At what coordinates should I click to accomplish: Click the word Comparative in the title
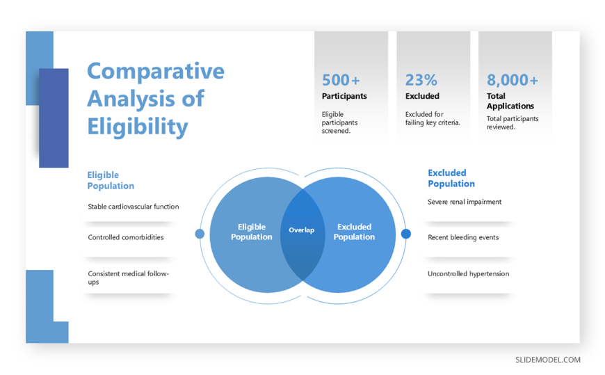click(156, 72)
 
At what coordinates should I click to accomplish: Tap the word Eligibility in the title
click(138, 127)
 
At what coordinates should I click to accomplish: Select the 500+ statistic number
click(341, 80)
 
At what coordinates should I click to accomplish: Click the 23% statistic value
click(421, 80)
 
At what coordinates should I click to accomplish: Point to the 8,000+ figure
click(513, 80)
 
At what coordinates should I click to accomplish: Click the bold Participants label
click(344, 96)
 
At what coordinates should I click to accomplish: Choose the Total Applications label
click(510, 101)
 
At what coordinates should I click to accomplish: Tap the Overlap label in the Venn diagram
click(302, 230)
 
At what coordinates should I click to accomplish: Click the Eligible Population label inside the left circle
click(252, 232)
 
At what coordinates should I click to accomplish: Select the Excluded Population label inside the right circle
click(354, 232)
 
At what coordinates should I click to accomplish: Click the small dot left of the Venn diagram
click(200, 234)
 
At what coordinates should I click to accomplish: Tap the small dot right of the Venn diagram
click(406, 234)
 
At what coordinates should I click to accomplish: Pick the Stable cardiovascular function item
click(133, 207)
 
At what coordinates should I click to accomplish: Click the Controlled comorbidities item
click(126, 237)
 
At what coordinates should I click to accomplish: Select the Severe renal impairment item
click(465, 202)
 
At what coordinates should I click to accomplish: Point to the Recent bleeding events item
click(463, 237)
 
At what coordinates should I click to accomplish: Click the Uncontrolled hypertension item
click(469, 274)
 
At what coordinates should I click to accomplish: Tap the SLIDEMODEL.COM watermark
click(548, 360)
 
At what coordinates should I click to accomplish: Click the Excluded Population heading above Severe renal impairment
click(451, 178)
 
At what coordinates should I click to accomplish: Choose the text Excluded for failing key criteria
click(433, 118)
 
